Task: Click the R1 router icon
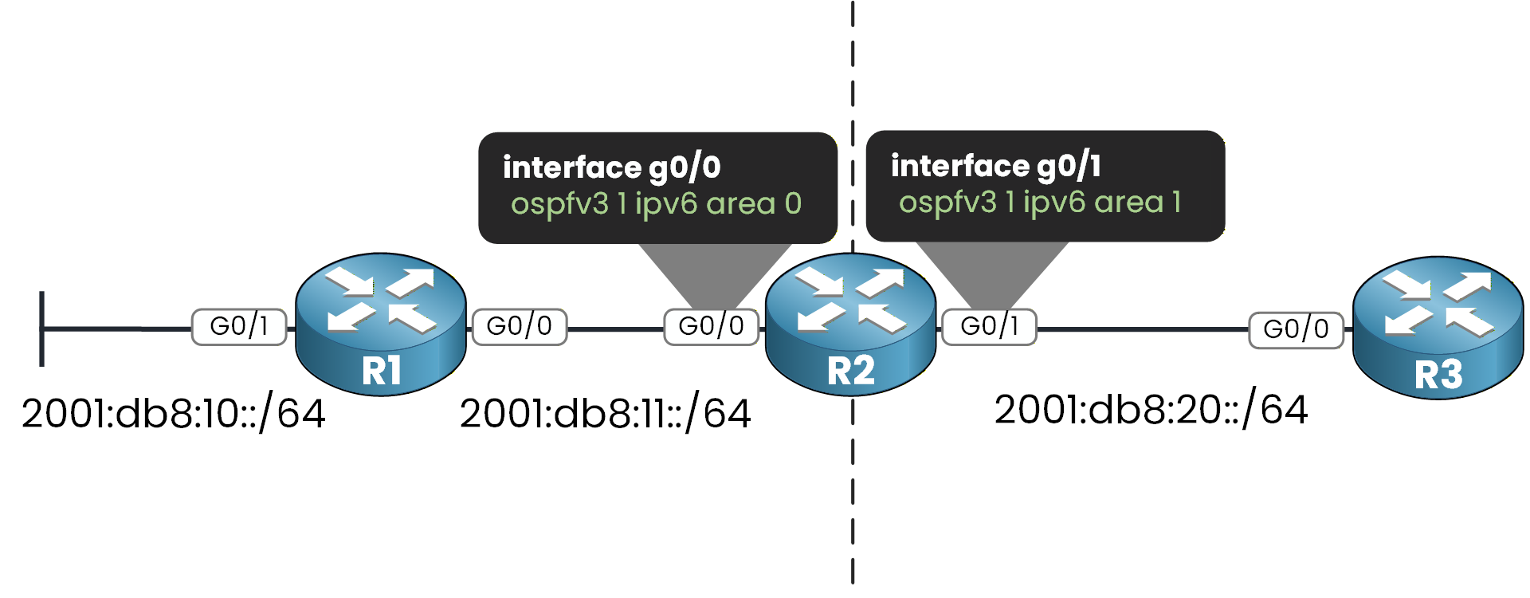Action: pyautogui.click(x=381, y=323)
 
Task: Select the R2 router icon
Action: pyautogui.click(x=850, y=323)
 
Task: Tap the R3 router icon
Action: pyautogui.click(x=1438, y=327)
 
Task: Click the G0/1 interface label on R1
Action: pyautogui.click(x=239, y=327)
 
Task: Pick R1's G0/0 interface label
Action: pyautogui.click(x=520, y=327)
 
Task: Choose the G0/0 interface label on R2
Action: pyautogui.click(x=711, y=327)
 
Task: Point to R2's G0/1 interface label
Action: pyautogui.click(x=989, y=327)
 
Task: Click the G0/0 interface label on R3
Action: pyautogui.click(x=1296, y=329)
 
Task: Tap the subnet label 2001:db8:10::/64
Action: pyautogui.click(x=174, y=414)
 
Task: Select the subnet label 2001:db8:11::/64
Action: pyautogui.click(x=606, y=414)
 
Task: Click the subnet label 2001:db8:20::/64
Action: pyautogui.click(x=1151, y=410)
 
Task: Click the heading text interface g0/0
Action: pyautogui.click(x=612, y=168)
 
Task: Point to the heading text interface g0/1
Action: pyautogui.click(x=996, y=167)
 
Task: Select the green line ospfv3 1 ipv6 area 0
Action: pyautogui.click(x=656, y=205)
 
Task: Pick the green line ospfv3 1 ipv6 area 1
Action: pyautogui.click(x=1040, y=203)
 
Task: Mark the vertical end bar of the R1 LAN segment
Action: pyautogui.click(x=42, y=329)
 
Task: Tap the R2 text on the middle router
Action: pyautogui.click(x=850, y=372)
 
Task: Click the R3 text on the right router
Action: pyautogui.click(x=1438, y=375)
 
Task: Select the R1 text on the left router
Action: pyautogui.click(x=381, y=372)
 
